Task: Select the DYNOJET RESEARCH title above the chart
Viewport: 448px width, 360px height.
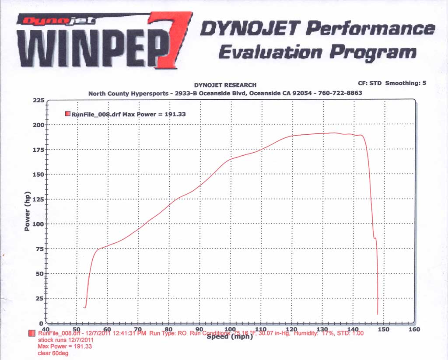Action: pos(225,85)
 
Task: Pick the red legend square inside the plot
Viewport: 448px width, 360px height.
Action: pos(67,114)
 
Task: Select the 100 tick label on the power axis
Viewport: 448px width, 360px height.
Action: pos(38,224)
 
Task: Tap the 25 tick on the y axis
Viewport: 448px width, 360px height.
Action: pos(40,298)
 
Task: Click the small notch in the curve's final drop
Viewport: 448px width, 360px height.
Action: pos(375,238)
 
